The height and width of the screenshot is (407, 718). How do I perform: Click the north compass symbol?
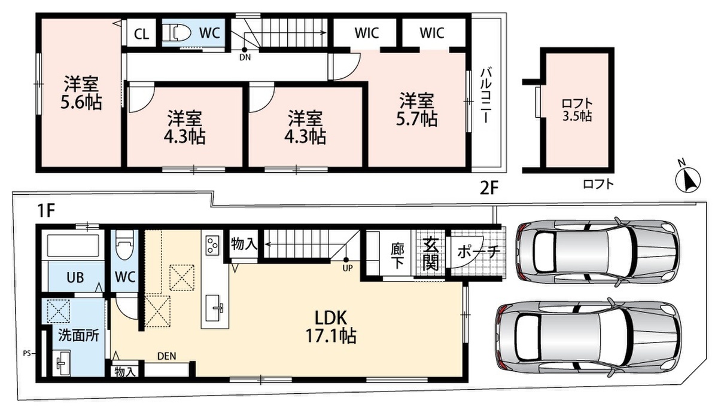(688, 180)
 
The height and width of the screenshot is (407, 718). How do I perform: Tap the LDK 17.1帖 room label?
(331, 327)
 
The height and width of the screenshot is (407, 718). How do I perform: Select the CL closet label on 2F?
(142, 34)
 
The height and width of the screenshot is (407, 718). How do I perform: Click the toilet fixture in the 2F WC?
(177, 32)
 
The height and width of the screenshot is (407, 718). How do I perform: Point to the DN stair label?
(245, 57)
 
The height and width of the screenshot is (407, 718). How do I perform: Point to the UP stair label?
(348, 268)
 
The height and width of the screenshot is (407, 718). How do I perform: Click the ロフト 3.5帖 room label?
(577, 110)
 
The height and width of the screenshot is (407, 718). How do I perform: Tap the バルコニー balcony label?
(486, 95)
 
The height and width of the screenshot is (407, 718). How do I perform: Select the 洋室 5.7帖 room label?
(416, 109)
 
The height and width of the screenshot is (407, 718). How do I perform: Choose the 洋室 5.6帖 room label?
(81, 93)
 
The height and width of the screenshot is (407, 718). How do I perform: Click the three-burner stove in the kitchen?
(212, 245)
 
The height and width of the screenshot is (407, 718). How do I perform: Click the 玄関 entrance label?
(430, 253)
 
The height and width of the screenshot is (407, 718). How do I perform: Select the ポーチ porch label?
(477, 252)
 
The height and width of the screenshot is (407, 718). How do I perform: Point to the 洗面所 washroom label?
(78, 336)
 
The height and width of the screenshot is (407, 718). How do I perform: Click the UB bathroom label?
(75, 277)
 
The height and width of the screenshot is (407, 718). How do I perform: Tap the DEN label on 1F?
(167, 356)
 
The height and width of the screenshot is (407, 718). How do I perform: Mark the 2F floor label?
(489, 188)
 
